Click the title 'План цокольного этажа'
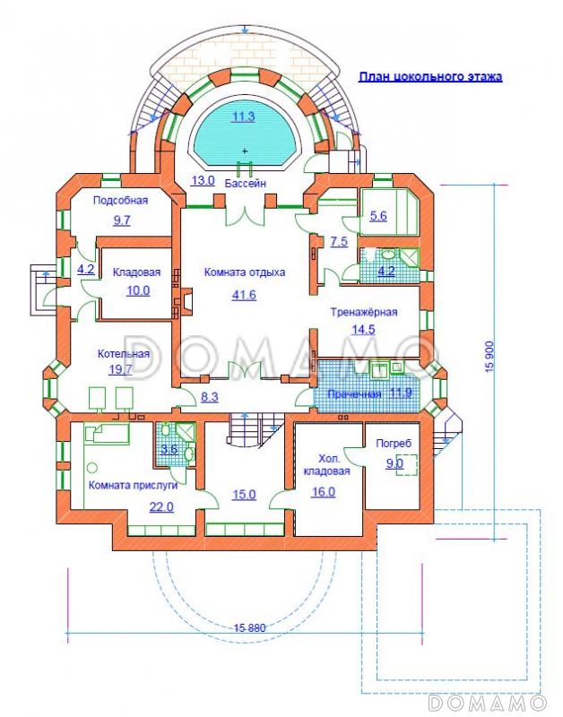pos(430,76)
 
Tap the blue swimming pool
pos(244,132)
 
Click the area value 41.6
pos(244,295)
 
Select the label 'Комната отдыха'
pos(245,272)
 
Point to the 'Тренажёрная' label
pos(364,312)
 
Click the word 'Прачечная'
pos(353,394)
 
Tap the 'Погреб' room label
pos(394,443)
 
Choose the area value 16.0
pos(324,492)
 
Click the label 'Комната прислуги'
pos(133,486)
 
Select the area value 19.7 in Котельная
pos(120,369)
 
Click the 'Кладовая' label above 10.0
pos(137,272)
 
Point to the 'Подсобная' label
pos(121,200)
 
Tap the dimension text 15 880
pos(250,628)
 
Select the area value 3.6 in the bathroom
pos(169,449)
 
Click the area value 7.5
pos(339,241)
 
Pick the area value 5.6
pos(378,216)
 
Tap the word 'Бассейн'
pos(245,183)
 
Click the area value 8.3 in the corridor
pos(210,397)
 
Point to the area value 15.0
pos(244,495)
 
